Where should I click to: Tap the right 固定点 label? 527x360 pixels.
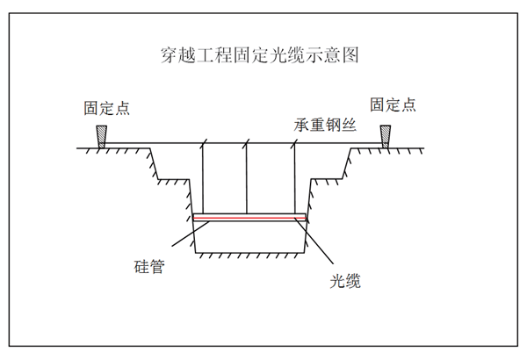pos(392,105)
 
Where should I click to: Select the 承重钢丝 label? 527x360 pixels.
pos(322,126)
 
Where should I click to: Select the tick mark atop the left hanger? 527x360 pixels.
pos(203,140)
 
